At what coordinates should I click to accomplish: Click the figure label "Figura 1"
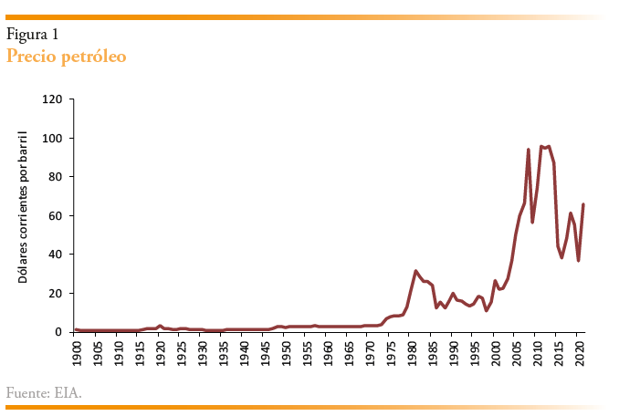33,35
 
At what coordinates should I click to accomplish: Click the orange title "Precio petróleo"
66,57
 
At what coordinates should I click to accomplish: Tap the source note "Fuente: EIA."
44,393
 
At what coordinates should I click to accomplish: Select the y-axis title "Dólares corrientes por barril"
24,206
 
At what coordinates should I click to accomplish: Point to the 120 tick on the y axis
52,99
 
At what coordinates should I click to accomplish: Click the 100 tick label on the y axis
52,138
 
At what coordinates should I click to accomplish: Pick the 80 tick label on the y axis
55,177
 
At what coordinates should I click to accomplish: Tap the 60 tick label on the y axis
55,215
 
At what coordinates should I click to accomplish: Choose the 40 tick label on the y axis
55,255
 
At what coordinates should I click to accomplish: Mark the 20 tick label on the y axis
55,293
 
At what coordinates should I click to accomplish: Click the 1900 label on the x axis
76,351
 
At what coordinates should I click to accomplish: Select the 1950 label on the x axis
286,351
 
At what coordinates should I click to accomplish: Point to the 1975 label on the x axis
391,351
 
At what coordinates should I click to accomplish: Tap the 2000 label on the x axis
495,351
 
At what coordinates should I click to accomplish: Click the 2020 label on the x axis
579,351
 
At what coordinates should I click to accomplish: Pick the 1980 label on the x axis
412,351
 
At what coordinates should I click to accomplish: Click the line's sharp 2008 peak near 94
529,150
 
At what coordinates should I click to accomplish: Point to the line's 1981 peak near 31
415,271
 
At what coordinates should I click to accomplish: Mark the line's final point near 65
583,204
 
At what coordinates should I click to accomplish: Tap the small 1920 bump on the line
160,326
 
